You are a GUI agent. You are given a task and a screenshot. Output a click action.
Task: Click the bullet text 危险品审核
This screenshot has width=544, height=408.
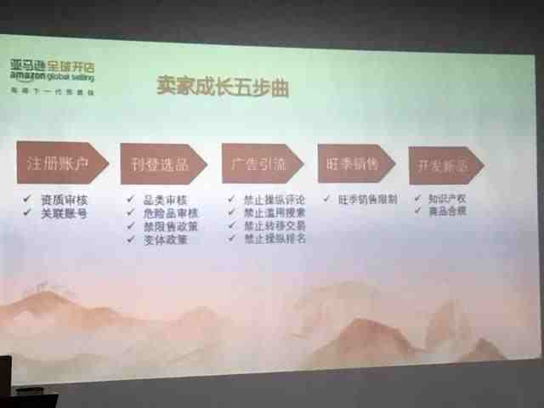click(169, 212)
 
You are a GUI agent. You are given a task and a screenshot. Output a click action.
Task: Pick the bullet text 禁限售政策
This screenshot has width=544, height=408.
click(169, 226)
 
